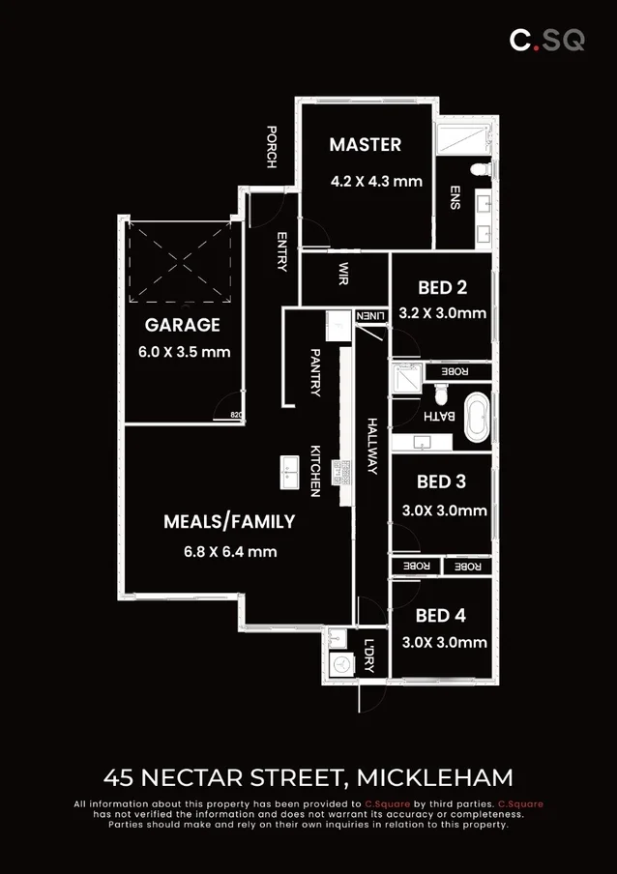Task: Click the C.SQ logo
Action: click(547, 41)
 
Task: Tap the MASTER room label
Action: click(365, 145)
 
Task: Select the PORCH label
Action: click(272, 147)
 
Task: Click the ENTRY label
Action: click(281, 251)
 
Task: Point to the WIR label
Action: click(343, 275)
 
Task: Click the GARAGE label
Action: click(183, 325)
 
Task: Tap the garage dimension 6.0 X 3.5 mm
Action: click(184, 352)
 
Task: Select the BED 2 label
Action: click(442, 287)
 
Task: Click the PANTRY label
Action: click(315, 372)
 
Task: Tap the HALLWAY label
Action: click(371, 445)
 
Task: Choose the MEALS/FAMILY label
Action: click(229, 521)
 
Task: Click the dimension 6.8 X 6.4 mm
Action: click(229, 552)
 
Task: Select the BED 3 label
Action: click(441, 481)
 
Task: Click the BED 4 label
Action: click(441, 615)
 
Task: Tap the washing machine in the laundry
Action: click(340, 664)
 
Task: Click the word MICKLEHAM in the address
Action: click(434, 776)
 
